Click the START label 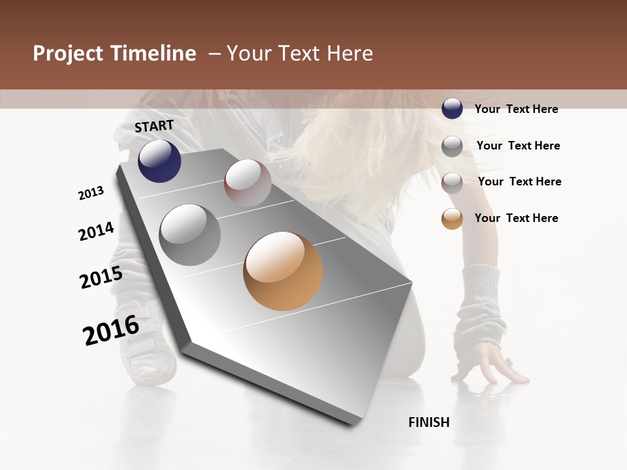pos(154,126)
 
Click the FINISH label pos(429,422)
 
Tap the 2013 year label pos(91,193)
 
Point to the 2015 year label pos(101,277)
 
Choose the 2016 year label pos(111,330)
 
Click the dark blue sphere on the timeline pos(159,161)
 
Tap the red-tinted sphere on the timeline pos(248,183)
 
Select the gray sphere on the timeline pos(190,235)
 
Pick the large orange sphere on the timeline pos(283,271)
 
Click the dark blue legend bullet pos(452,108)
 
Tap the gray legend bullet pos(452,146)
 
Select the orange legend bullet pos(452,219)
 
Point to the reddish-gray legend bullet pos(452,183)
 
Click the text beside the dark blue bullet pos(516,109)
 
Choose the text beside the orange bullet pos(516,218)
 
